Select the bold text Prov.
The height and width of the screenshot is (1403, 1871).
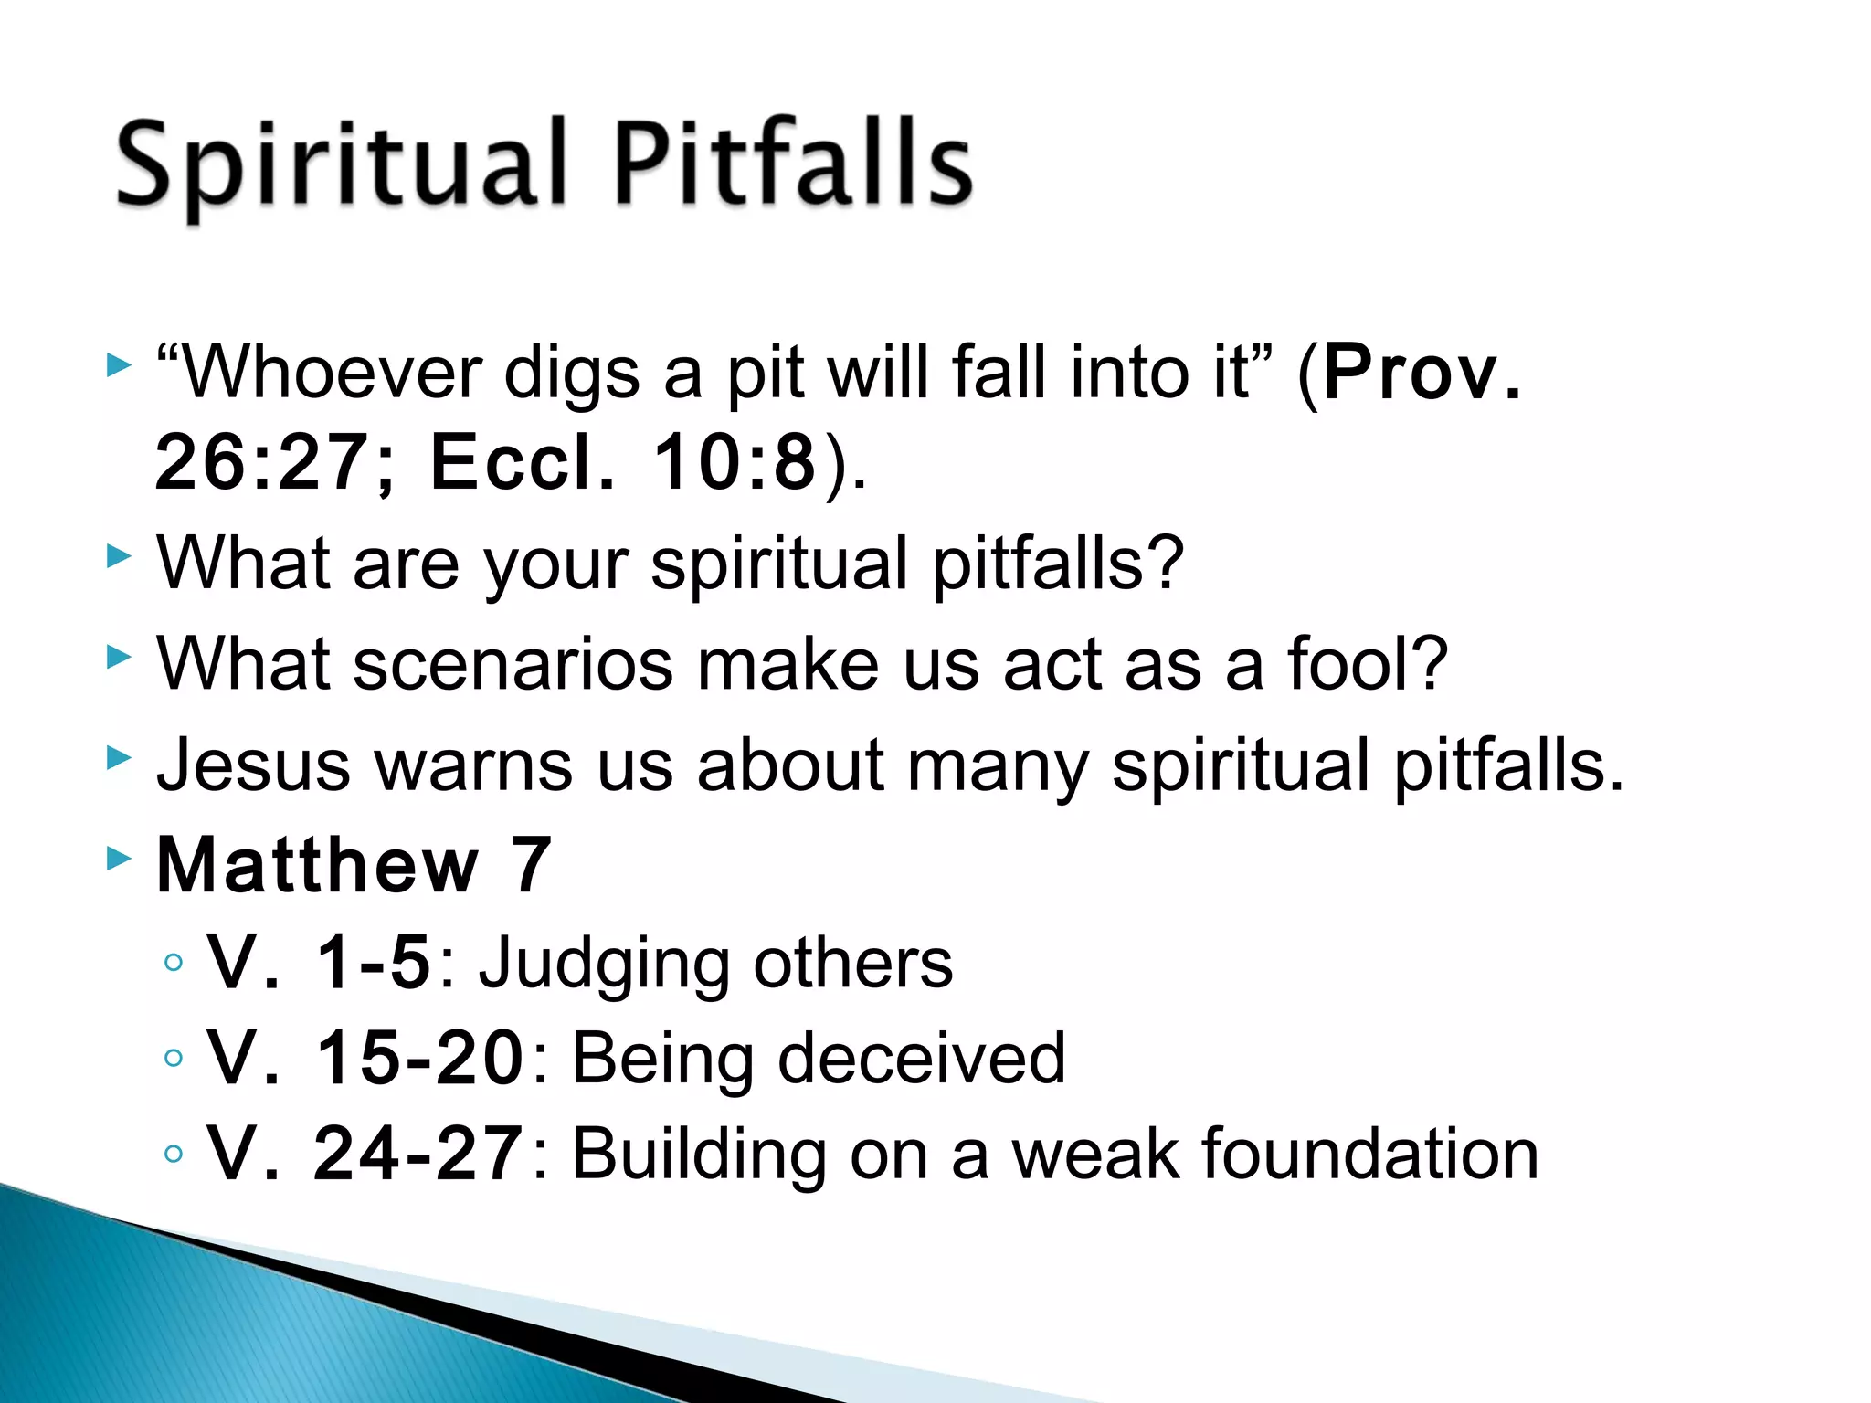[1422, 373]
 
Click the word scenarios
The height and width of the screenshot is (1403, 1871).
[513, 664]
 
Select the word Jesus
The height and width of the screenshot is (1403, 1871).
[253, 765]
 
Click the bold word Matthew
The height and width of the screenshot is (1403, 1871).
[317, 865]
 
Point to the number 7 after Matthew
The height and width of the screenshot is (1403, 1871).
[531, 865]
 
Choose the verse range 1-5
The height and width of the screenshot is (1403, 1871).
[372, 963]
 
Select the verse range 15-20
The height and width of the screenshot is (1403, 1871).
[418, 1058]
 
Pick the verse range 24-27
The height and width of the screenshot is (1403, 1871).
[418, 1154]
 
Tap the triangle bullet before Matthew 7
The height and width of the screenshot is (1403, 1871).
[119, 859]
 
